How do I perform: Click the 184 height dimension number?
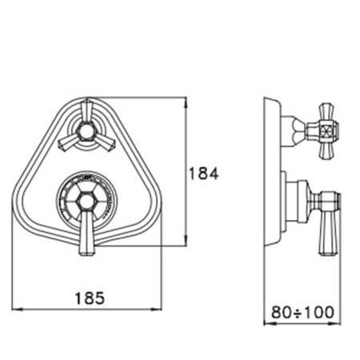coord(203,174)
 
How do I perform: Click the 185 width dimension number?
coord(90,298)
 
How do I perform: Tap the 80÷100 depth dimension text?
coord(302,312)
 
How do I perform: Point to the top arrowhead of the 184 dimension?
coord(186,102)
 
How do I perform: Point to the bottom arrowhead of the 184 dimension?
coord(186,241)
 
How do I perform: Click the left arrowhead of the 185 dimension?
coord(18,310)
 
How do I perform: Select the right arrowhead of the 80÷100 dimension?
coord(335,324)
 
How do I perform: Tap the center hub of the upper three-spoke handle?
coord(86,131)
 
